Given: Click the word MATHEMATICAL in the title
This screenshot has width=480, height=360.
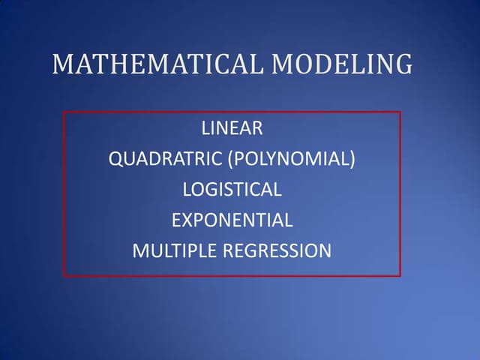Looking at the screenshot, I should tap(158, 64).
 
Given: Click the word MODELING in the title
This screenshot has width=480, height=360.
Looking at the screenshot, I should tap(342, 64).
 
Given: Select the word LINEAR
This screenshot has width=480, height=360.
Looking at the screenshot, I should tap(232, 128).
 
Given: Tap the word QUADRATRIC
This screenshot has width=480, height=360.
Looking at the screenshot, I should tap(161, 159).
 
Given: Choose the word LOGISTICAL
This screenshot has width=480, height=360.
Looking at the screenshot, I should tap(232, 190).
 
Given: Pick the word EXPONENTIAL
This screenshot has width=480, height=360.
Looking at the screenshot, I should tap(232, 220).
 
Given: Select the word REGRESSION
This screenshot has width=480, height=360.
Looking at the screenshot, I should tap(277, 251).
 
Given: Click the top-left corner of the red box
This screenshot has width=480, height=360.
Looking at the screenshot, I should tap(64, 112).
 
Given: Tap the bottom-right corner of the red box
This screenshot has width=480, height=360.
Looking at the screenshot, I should tap(400, 275).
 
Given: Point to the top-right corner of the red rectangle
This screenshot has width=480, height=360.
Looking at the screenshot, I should tap(400, 112).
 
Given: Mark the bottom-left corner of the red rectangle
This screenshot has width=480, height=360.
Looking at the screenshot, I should tap(64, 275).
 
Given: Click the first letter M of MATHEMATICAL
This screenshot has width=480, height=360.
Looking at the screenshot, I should tap(63, 64).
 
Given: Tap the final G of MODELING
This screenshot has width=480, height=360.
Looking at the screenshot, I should tap(403, 64).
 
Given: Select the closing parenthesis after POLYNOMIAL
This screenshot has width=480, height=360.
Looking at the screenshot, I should tap(352, 159).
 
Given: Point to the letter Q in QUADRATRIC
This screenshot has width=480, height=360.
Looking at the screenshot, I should tap(115, 159).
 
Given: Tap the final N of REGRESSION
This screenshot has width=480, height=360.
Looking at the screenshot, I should tap(324, 251).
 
